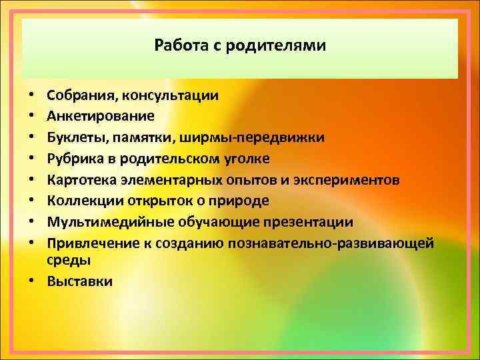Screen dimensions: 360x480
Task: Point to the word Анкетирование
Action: click(101, 116)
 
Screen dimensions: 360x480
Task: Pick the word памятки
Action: click(137, 137)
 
